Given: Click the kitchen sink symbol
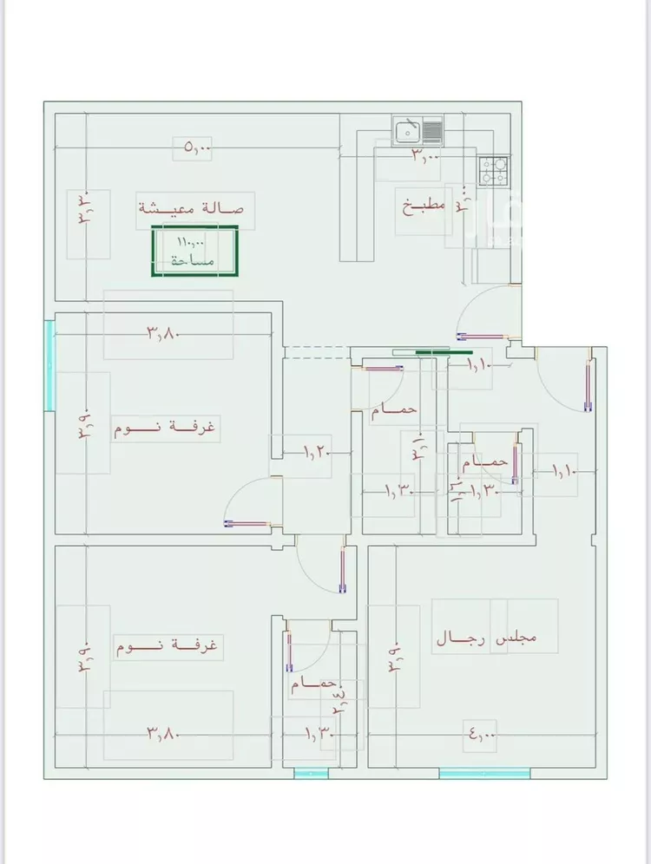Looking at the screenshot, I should pos(418,131).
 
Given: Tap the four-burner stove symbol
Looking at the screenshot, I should pos(495,170).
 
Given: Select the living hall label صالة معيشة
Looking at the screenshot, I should pos(191,208).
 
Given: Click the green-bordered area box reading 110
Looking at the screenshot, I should pos(195,252).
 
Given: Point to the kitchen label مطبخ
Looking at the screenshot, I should pos(423,206).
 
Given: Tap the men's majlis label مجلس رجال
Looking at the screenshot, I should pos(486,639).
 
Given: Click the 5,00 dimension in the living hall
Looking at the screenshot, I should pos(197,148).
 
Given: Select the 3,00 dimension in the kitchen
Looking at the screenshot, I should pos(425,156).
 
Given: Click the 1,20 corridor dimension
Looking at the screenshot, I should pos(316,451).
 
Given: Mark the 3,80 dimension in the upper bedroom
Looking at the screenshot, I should pos(162,331).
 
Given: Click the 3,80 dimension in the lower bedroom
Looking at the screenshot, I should pos(162,734).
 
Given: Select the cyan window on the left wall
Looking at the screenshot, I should pos(49,365).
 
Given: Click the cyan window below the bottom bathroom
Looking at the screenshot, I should pos(312,773).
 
